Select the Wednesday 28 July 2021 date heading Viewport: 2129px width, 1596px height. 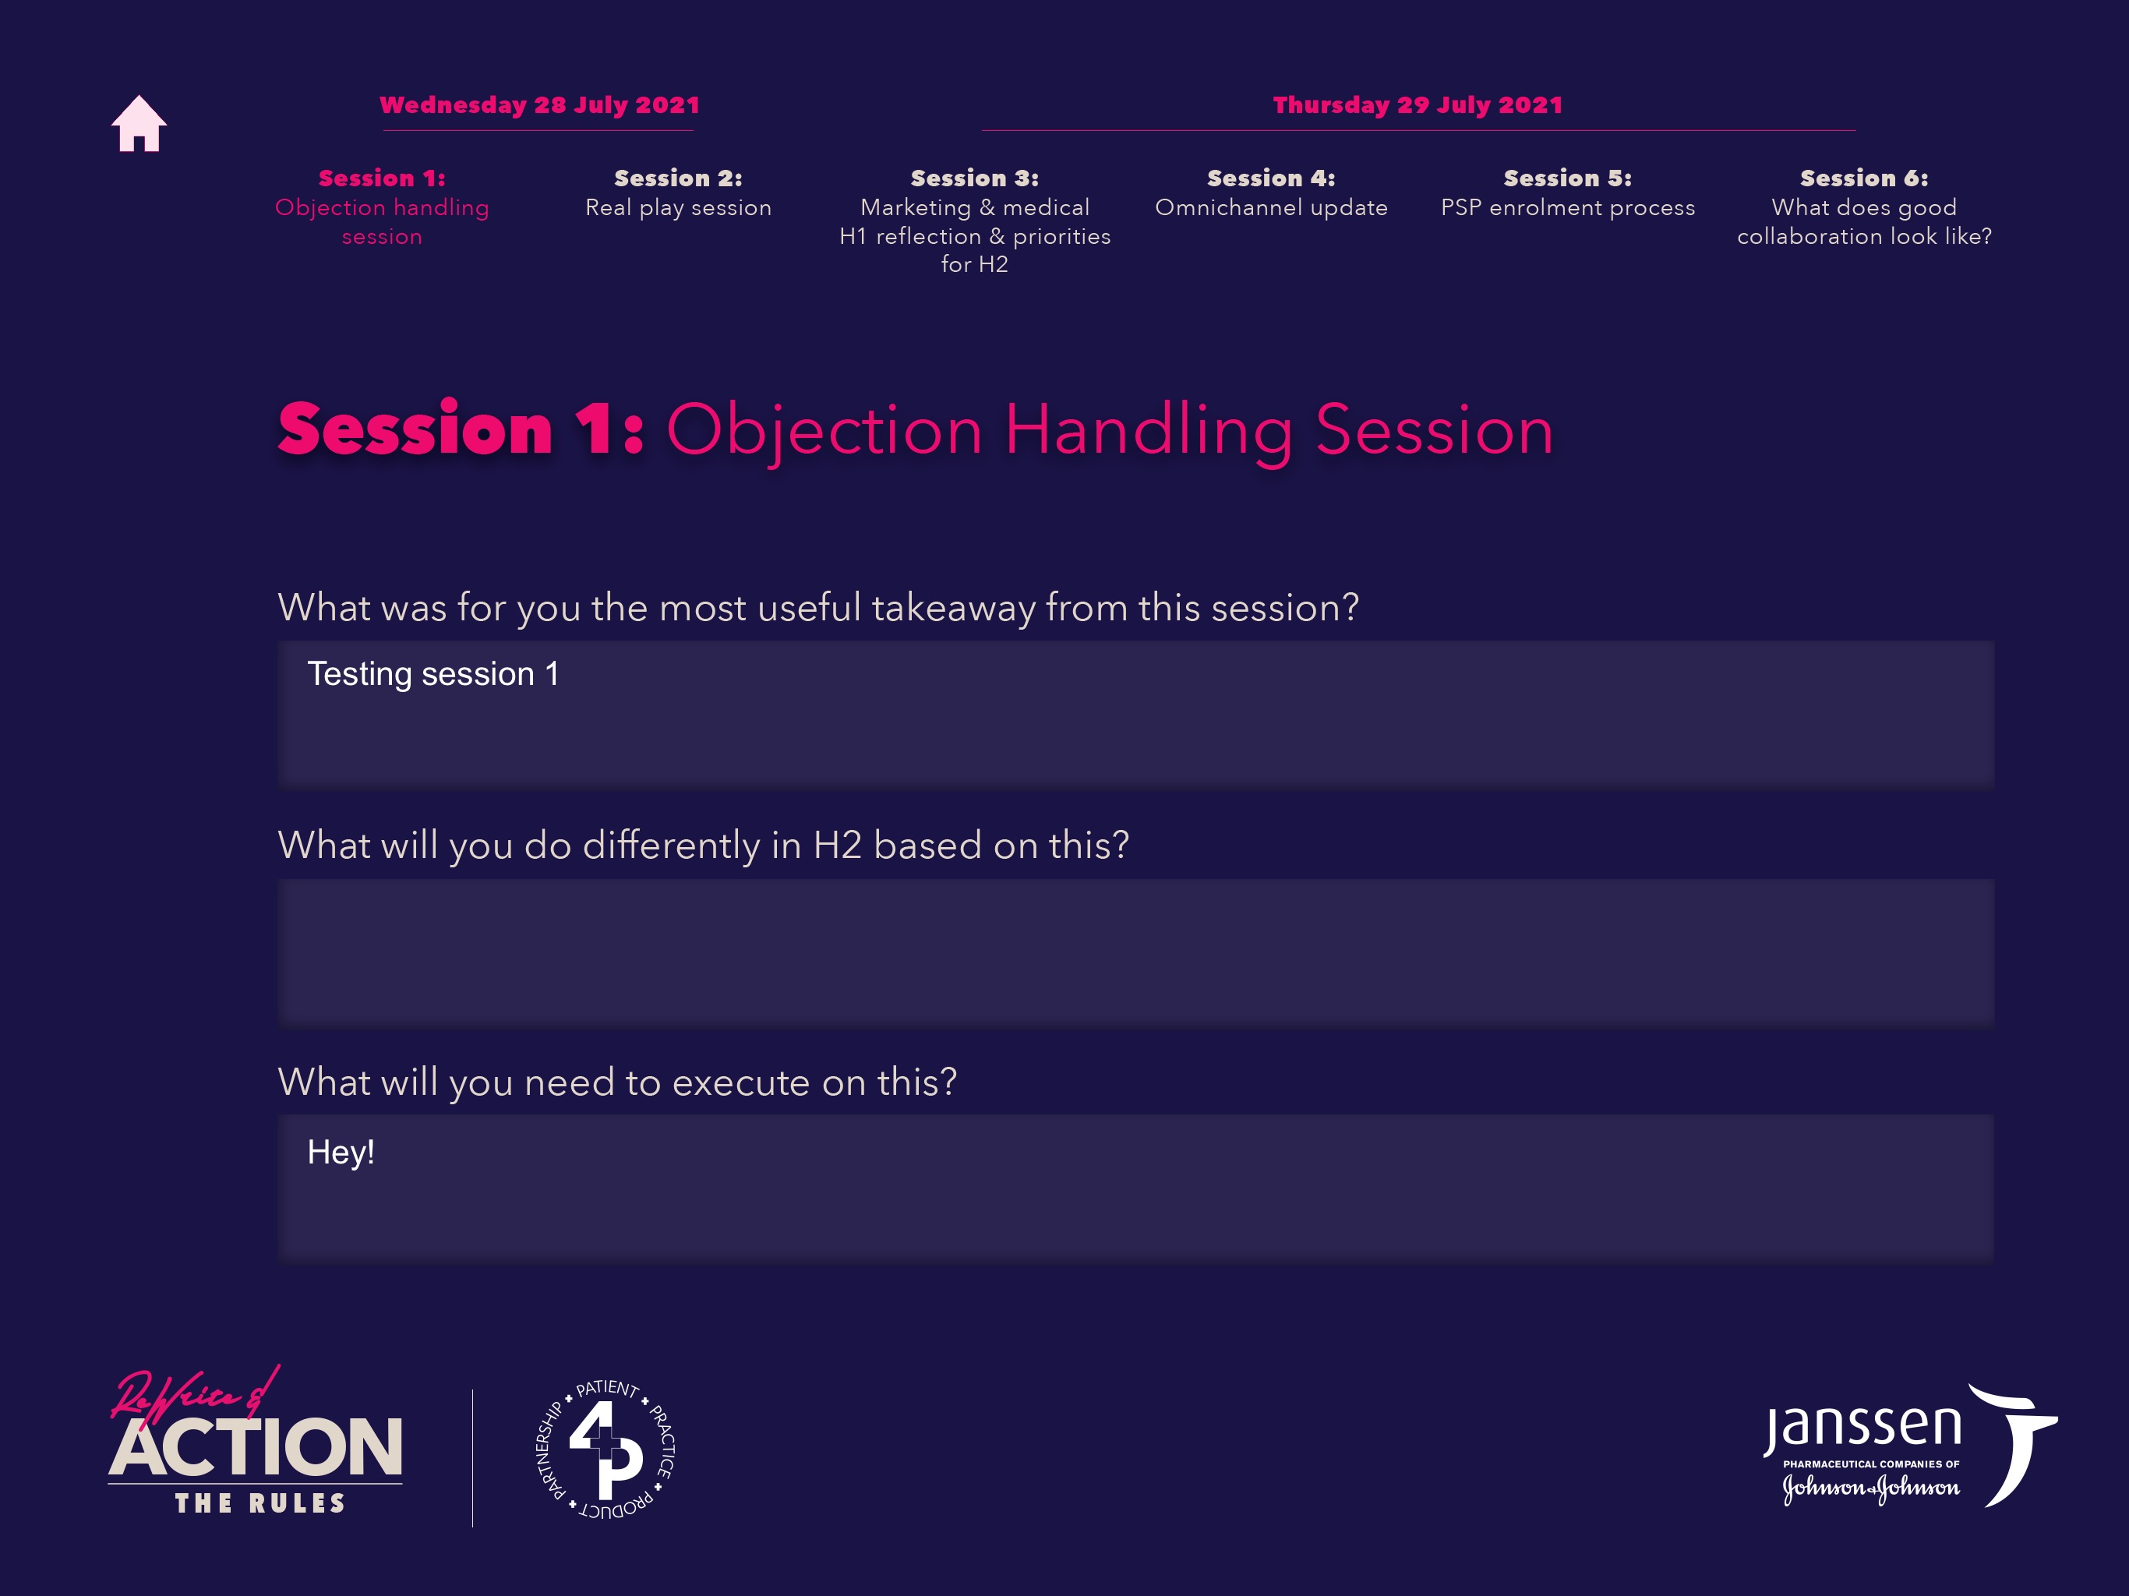(x=539, y=105)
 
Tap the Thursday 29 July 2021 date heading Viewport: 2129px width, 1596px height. (x=1418, y=105)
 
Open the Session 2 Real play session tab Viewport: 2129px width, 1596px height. (x=679, y=192)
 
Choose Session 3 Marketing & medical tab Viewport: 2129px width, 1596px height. (x=975, y=221)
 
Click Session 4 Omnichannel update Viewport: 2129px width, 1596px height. (x=1272, y=192)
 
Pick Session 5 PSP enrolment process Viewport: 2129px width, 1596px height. (x=1568, y=192)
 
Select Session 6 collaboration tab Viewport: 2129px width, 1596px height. (x=1864, y=207)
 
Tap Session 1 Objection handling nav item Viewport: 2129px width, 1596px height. (x=382, y=207)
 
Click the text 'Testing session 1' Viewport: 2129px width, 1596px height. (x=433, y=674)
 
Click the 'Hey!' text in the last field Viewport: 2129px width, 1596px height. (x=341, y=1153)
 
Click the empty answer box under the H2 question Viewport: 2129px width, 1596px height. (x=1135, y=951)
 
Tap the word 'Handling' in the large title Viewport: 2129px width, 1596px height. (x=1149, y=430)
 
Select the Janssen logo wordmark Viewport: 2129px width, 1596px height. (x=1862, y=1428)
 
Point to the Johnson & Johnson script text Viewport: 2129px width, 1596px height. (x=1871, y=1488)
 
